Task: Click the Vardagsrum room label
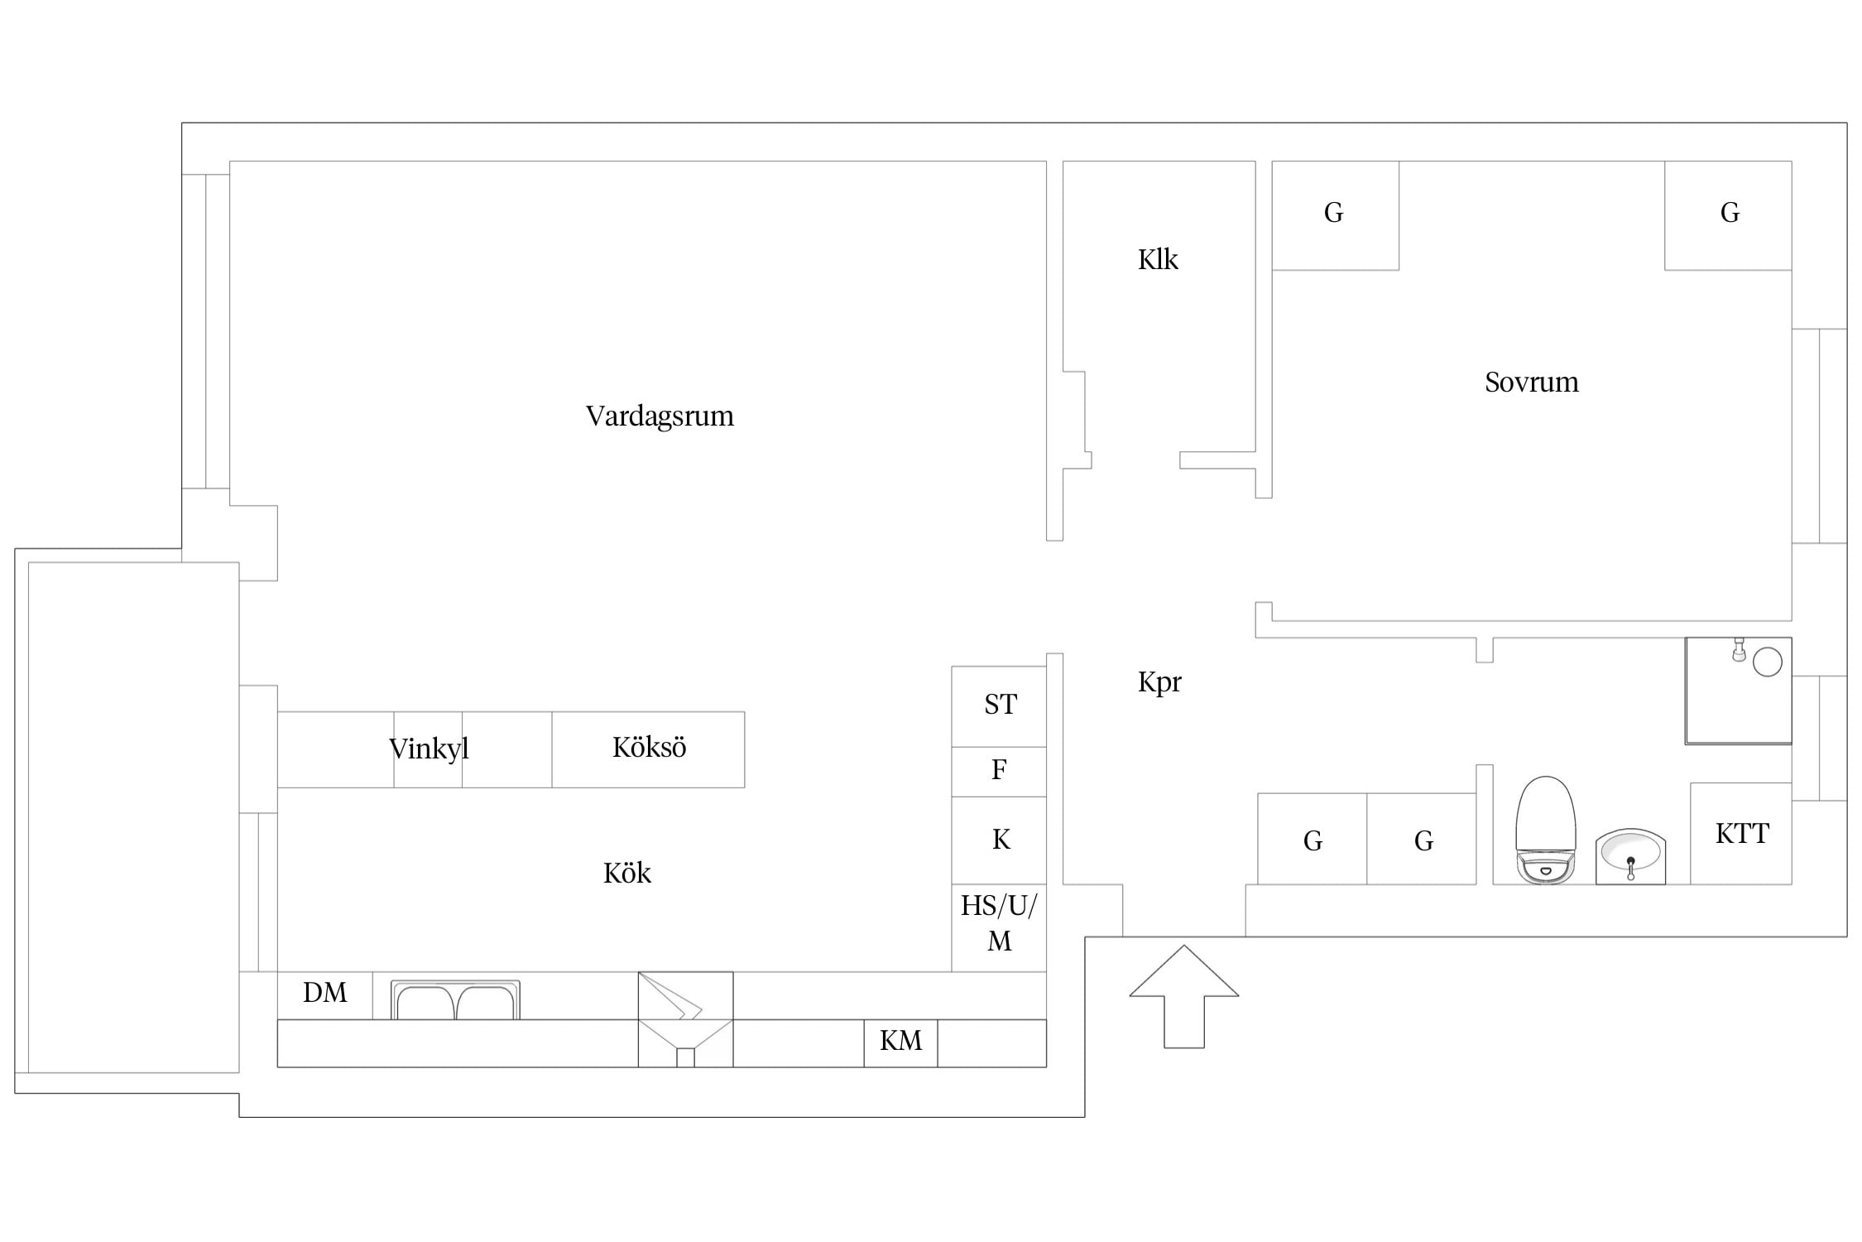660,416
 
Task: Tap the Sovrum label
1532,382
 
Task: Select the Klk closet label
1158,259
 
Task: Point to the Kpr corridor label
1159,682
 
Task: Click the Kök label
627,873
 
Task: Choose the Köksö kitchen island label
650,747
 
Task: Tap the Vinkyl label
429,749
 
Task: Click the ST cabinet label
1001,705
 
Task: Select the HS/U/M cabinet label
999,923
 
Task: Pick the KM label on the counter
900,1041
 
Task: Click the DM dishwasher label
324,993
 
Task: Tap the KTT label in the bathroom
1742,834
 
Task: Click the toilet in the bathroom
1545,830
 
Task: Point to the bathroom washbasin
1630,856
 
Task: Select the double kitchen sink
455,1000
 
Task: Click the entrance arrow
1184,997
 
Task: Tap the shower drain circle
1768,662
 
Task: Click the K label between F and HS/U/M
1001,840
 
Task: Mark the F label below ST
999,770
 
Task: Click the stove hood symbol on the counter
685,1019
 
